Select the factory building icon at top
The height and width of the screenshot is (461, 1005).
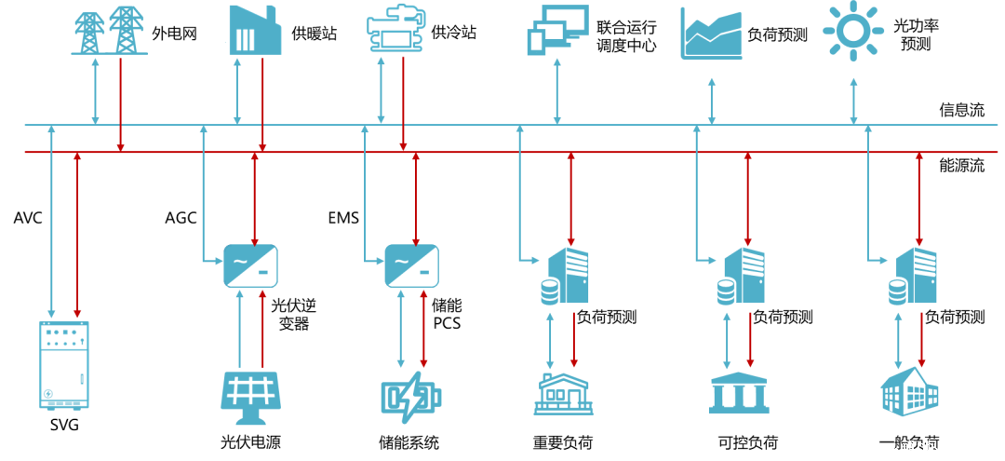click(254, 30)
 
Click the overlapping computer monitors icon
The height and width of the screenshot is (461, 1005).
click(557, 29)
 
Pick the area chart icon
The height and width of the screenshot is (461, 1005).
click(712, 34)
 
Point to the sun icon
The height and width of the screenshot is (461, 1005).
click(853, 30)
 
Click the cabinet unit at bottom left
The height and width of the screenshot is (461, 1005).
click(64, 365)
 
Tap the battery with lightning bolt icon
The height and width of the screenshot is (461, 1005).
click(410, 398)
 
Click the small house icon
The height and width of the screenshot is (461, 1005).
click(562, 393)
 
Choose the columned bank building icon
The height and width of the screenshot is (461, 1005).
click(738, 393)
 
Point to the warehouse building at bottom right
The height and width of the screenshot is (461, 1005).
click(909, 391)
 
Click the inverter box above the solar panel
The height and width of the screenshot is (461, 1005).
click(250, 266)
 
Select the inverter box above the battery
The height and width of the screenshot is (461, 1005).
click(412, 266)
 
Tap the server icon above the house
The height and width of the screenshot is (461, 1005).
click(567, 277)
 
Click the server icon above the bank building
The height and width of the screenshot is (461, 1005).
click(743, 277)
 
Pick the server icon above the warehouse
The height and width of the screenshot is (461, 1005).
click(914, 277)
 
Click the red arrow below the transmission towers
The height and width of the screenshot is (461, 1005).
click(120, 102)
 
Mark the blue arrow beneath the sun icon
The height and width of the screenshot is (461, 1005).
click(854, 102)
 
